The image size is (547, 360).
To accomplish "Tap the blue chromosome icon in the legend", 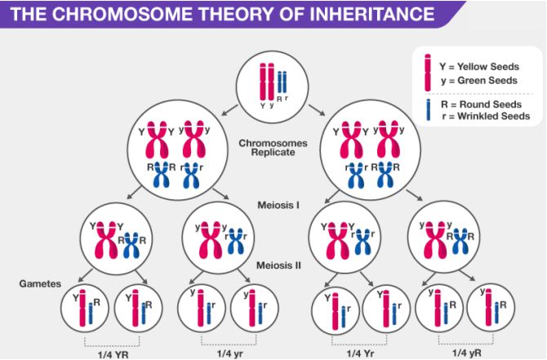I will point(426,110).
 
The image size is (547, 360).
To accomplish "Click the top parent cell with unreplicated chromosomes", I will point(270,81).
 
